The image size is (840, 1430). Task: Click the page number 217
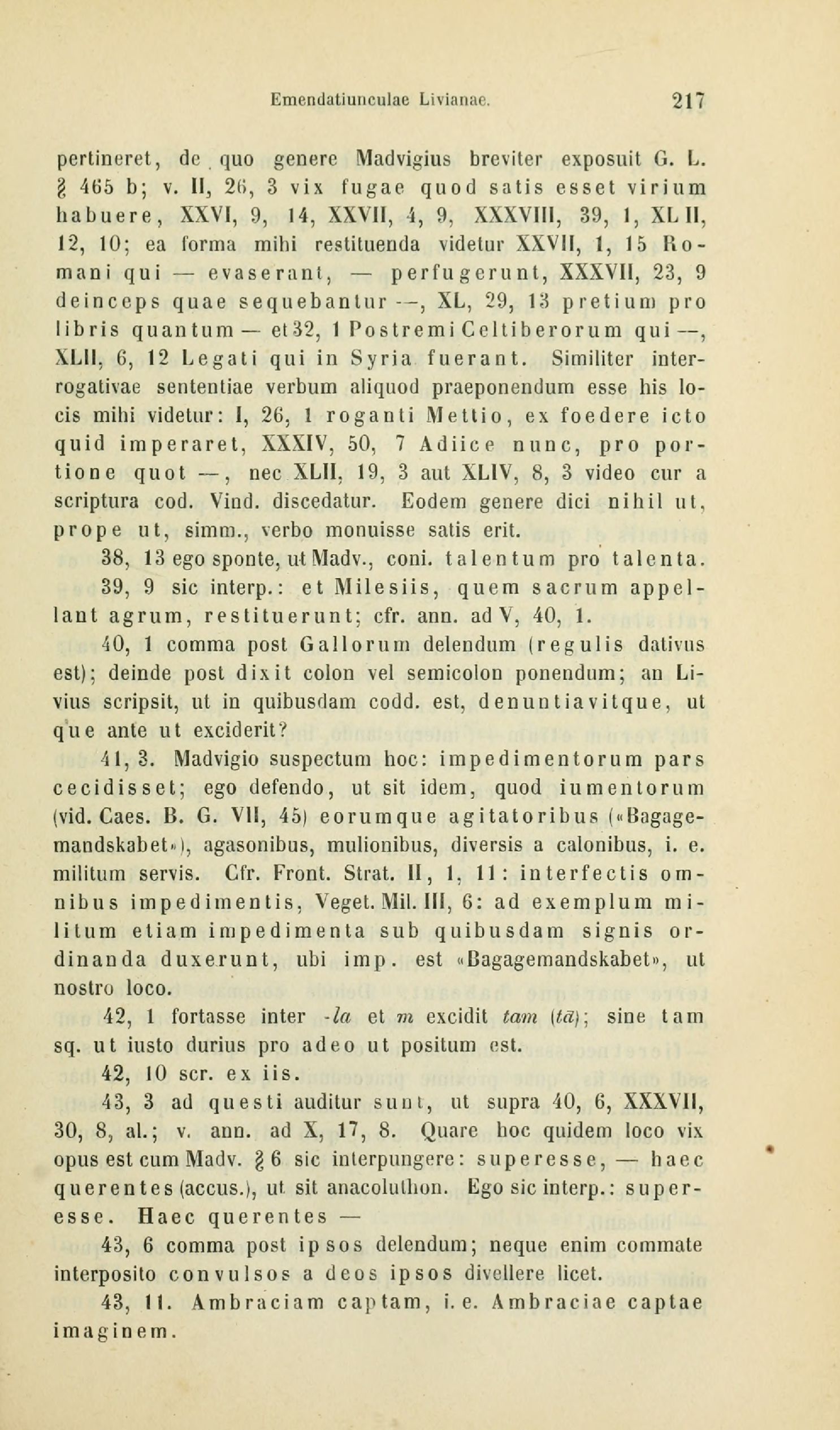click(x=688, y=101)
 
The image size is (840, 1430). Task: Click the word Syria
click(x=381, y=359)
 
